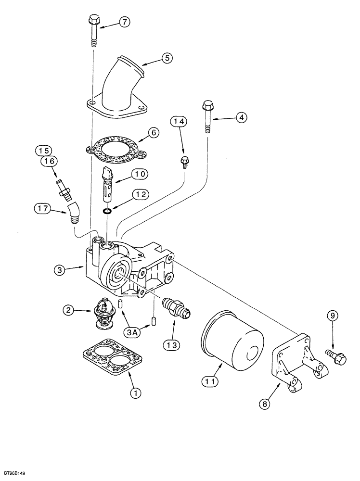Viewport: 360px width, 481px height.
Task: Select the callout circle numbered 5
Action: pyautogui.click(x=166, y=58)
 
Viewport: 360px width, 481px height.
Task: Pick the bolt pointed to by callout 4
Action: pyautogui.click(x=208, y=115)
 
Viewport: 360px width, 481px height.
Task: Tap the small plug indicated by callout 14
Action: pyautogui.click(x=184, y=162)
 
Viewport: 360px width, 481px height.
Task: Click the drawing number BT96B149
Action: pyautogui.click(x=16, y=474)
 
